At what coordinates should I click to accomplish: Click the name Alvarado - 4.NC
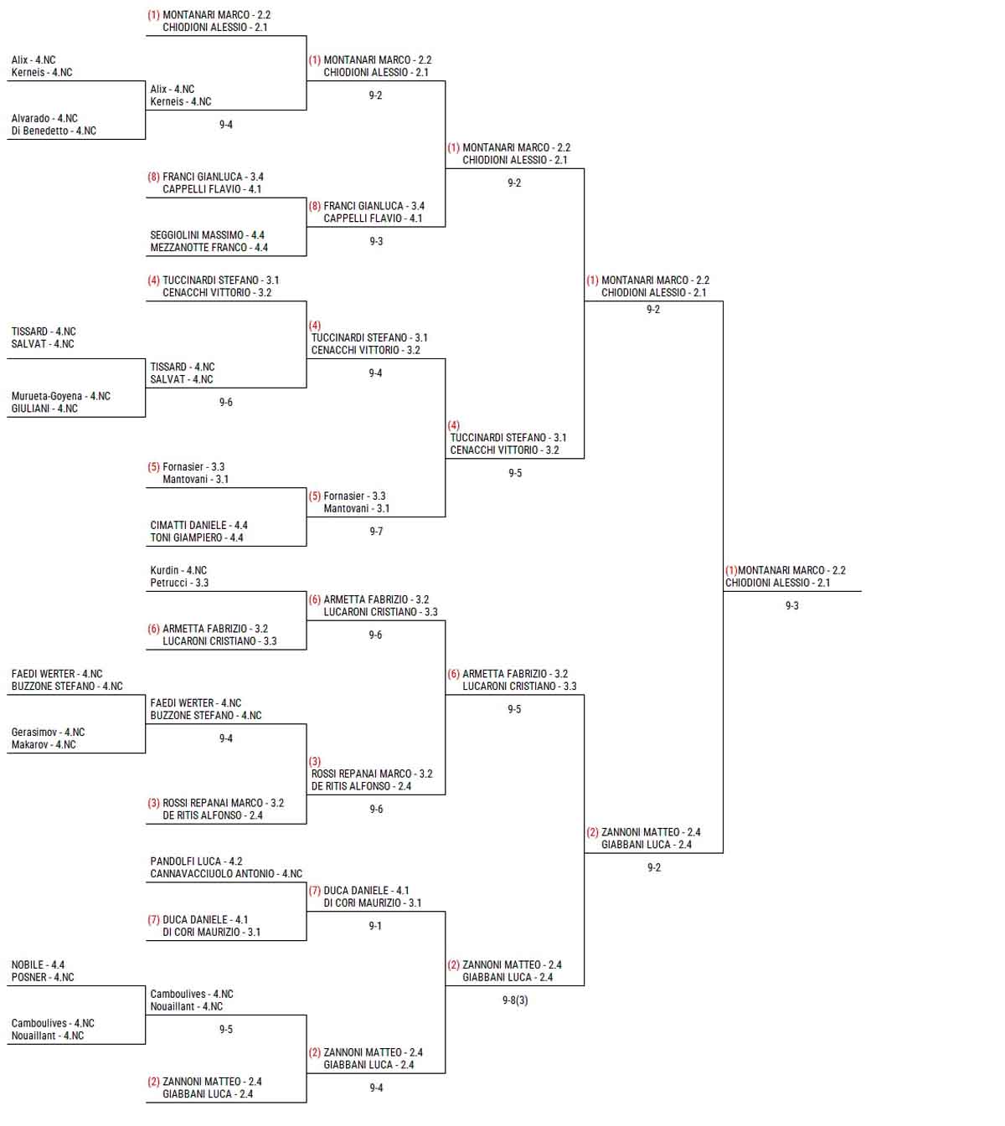tap(44, 118)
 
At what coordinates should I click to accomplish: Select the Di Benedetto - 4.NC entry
tap(54, 131)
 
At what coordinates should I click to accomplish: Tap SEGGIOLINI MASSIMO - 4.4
tap(208, 235)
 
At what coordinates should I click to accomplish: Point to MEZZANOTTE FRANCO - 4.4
tap(209, 248)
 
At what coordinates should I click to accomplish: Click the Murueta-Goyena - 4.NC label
tap(61, 396)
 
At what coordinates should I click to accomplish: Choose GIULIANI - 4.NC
tap(44, 409)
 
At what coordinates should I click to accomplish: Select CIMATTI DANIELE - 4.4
tap(199, 525)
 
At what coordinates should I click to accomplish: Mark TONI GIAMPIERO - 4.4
tap(197, 538)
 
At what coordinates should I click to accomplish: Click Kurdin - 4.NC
tap(178, 570)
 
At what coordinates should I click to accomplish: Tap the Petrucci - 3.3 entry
tap(179, 583)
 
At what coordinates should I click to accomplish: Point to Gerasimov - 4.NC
tap(49, 733)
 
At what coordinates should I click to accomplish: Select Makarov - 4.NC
tap(44, 745)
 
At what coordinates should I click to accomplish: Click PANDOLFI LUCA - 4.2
tap(196, 861)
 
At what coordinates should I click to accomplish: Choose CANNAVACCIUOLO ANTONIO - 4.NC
tap(226, 874)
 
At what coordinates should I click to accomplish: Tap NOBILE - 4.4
tap(38, 964)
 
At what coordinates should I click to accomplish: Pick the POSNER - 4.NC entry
tap(43, 978)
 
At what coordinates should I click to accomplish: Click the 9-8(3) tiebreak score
tap(515, 1000)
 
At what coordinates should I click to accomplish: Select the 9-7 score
tap(377, 532)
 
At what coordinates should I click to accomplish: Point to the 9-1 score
tap(375, 927)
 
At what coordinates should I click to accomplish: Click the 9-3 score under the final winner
tap(792, 606)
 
